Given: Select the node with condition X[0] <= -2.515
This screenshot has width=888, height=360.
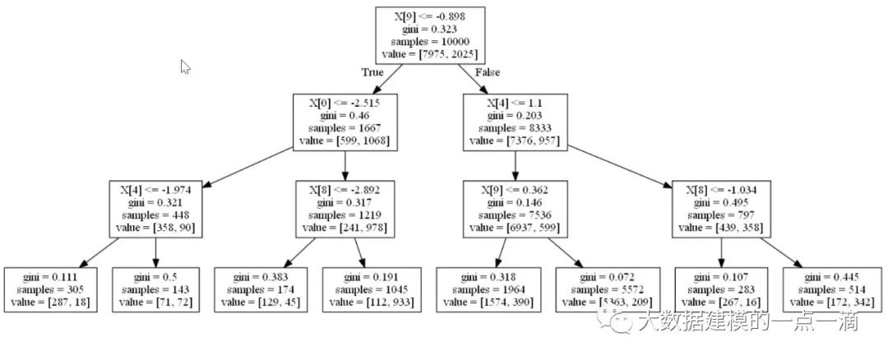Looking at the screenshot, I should point(344,122).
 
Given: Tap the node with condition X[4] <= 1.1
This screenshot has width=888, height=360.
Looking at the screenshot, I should point(515,122).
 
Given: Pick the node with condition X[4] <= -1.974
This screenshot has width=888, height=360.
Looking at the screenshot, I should point(155,208).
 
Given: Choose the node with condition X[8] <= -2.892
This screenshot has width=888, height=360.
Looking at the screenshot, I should point(345,208).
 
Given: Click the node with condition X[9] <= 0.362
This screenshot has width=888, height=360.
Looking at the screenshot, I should point(515,208).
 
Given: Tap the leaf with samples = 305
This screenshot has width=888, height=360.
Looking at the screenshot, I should point(51,289).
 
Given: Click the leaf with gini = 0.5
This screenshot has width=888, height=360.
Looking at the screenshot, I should point(155,289).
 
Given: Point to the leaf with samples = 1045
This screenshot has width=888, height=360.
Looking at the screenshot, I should point(368,289).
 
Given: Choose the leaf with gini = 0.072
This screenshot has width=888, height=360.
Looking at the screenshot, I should point(608,289).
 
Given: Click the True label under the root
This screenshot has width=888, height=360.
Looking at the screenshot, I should point(372,72).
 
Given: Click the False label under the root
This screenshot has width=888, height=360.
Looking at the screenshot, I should point(488,72).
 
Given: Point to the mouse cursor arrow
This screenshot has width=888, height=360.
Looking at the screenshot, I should point(185,67).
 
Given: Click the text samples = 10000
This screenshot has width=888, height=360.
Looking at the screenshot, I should point(429,42).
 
